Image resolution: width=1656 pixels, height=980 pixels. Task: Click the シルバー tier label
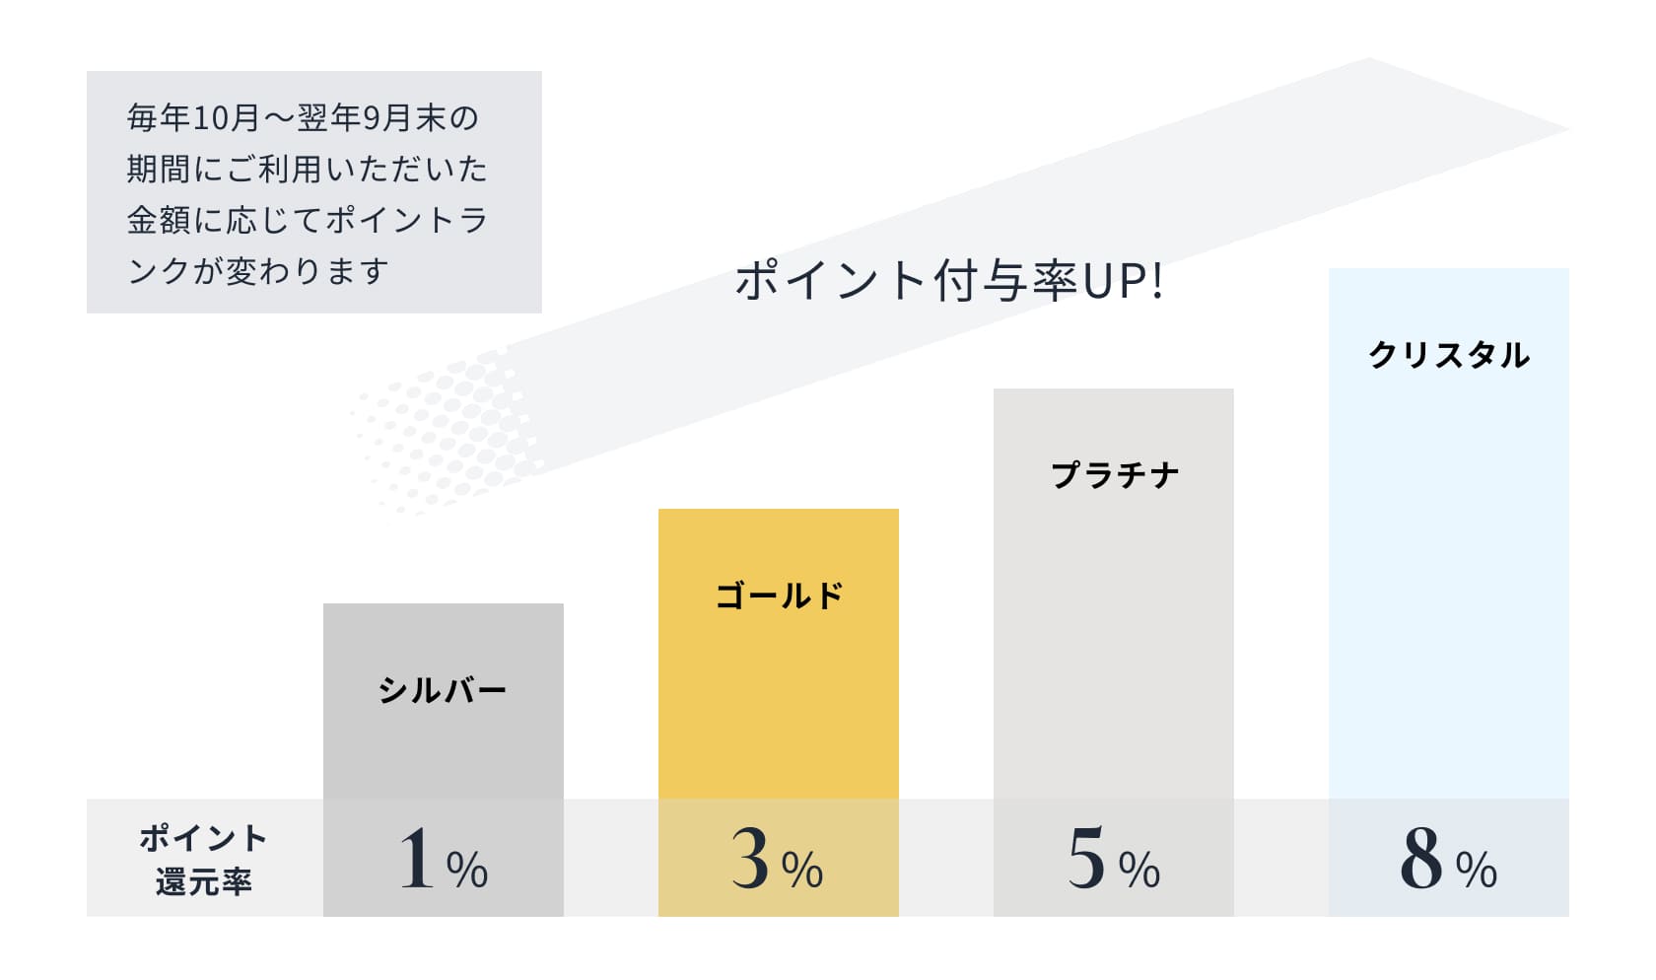pyautogui.click(x=443, y=690)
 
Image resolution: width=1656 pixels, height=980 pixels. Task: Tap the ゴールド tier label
pyautogui.click(x=779, y=595)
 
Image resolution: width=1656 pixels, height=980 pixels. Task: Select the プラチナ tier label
pyautogui.click(x=1114, y=475)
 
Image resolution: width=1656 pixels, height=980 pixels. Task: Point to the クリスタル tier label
pyautogui.click(x=1449, y=355)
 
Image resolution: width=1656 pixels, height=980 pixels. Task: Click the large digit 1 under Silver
pyautogui.click(x=416, y=858)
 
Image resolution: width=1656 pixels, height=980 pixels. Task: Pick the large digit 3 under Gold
pyautogui.click(x=750, y=858)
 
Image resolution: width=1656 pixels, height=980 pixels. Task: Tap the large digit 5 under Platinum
pyautogui.click(x=1086, y=858)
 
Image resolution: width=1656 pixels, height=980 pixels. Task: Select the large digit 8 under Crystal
pyautogui.click(x=1421, y=858)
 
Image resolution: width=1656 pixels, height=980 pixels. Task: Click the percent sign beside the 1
pyautogui.click(x=467, y=870)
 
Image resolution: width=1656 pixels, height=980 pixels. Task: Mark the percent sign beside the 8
pyautogui.click(x=1476, y=870)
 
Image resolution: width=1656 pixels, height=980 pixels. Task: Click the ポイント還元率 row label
pyautogui.click(x=203, y=860)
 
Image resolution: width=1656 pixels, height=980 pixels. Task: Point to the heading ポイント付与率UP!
pyautogui.click(x=949, y=281)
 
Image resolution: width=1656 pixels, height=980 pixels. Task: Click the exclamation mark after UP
pyautogui.click(x=1157, y=281)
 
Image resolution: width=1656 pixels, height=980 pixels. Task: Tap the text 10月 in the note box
pyautogui.click(x=226, y=118)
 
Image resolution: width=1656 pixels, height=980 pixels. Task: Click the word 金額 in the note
pyautogui.click(x=159, y=220)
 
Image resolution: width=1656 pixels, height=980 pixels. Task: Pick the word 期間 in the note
pyautogui.click(x=159, y=170)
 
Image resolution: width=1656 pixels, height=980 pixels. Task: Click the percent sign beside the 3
pyautogui.click(x=802, y=870)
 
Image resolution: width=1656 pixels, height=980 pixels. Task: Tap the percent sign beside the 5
pyautogui.click(x=1139, y=870)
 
